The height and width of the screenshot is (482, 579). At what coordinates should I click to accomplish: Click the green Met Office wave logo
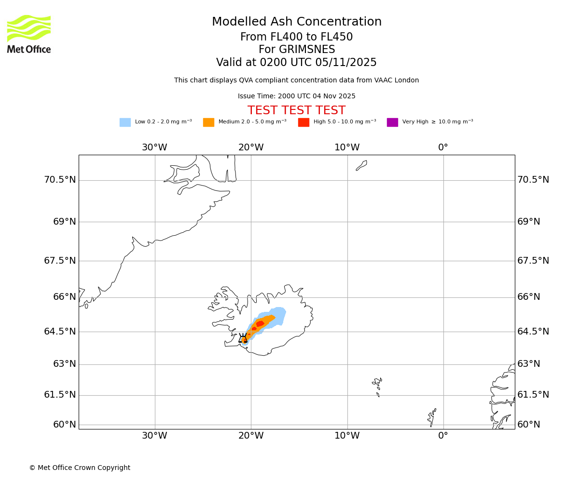pyautogui.click(x=29, y=28)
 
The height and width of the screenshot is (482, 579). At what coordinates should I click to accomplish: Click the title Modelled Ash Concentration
pyautogui.click(x=296, y=22)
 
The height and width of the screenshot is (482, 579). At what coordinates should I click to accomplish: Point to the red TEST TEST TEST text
pyautogui.click(x=296, y=111)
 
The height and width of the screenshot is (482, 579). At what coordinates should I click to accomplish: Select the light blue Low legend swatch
pyautogui.click(x=125, y=122)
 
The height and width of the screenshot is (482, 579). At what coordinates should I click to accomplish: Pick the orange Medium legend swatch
pyautogui.click(x=208, y=122)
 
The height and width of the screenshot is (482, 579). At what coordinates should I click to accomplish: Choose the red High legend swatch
pyautogui.click(x=303, y=122)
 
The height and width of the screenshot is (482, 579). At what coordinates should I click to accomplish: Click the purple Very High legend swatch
pyautogui.click(x=392, y=122)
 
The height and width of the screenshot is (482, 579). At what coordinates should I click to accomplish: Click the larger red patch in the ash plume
pyautogui.click(x=260, y=324)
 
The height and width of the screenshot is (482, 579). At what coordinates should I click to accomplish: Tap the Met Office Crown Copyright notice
pyautogui.click(x=80, y=468)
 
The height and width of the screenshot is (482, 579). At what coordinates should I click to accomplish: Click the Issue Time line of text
pyautogui.click(x=296, y=96)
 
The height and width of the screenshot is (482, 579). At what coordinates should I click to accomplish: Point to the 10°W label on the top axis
pyautogui.click(x=347, y=147)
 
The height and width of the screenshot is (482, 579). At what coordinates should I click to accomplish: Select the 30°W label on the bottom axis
pyautogui.click(x=154, y=436)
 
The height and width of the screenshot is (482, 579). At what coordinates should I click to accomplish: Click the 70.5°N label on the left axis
pyautogui.click(x=60, y=180)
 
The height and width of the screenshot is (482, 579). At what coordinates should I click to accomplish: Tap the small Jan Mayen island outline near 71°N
pyautogui.click(x=361, y=165)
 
